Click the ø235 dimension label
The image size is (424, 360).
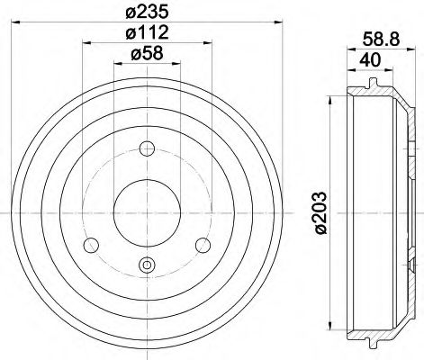pos(149,13)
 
